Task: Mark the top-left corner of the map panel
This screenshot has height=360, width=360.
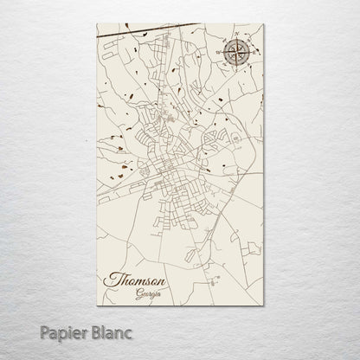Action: pyautogui.click(x=97, y=24)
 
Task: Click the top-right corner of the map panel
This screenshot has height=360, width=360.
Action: pyautogui.click(x=264, y=24)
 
